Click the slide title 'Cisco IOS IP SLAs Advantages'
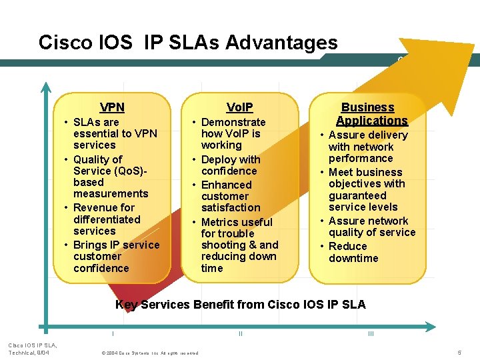click(188, 43)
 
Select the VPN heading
click(112, 107)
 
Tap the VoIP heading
click(239, 107)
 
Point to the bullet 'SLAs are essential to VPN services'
click(115, 133)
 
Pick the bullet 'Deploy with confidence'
click(230, 165)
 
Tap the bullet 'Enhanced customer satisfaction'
click(230, 197)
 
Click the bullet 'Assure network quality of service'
click(371, 227)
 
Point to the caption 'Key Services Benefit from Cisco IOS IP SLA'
click(240, 305)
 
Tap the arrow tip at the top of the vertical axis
click(46, 87)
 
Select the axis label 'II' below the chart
click(240, 333)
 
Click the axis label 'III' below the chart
click(371, 333)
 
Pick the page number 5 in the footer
click(459, 352)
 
